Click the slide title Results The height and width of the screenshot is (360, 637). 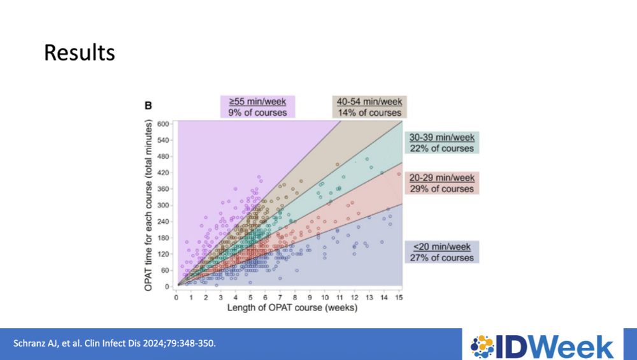coord(80,52)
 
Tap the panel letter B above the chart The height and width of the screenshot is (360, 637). coord(148,106)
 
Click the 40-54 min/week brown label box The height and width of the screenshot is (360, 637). coord(369,107)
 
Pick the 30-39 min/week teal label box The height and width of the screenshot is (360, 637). coord(441,143)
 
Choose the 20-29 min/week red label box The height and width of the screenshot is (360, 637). coord(441,183)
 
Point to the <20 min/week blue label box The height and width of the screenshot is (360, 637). coord(441,252)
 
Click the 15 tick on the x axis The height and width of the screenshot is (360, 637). coord(399,297)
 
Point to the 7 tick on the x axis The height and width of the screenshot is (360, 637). coord(280,297)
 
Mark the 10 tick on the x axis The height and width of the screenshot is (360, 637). coord(325,297)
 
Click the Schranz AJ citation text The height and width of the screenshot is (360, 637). coord(115,344)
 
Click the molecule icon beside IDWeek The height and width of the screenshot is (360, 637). coord(482,345)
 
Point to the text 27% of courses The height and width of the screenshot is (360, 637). coord(441,257)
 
